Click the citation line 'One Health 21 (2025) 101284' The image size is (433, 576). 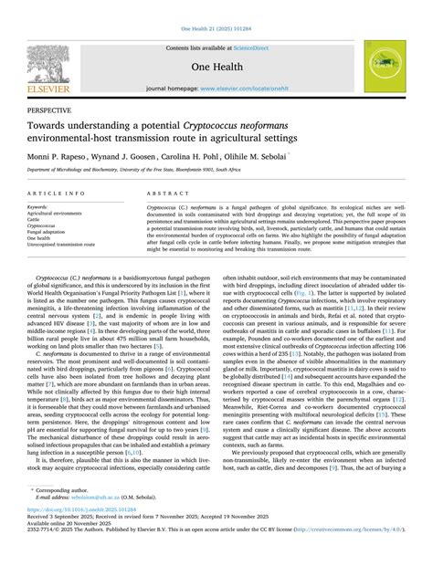[216, 8]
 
